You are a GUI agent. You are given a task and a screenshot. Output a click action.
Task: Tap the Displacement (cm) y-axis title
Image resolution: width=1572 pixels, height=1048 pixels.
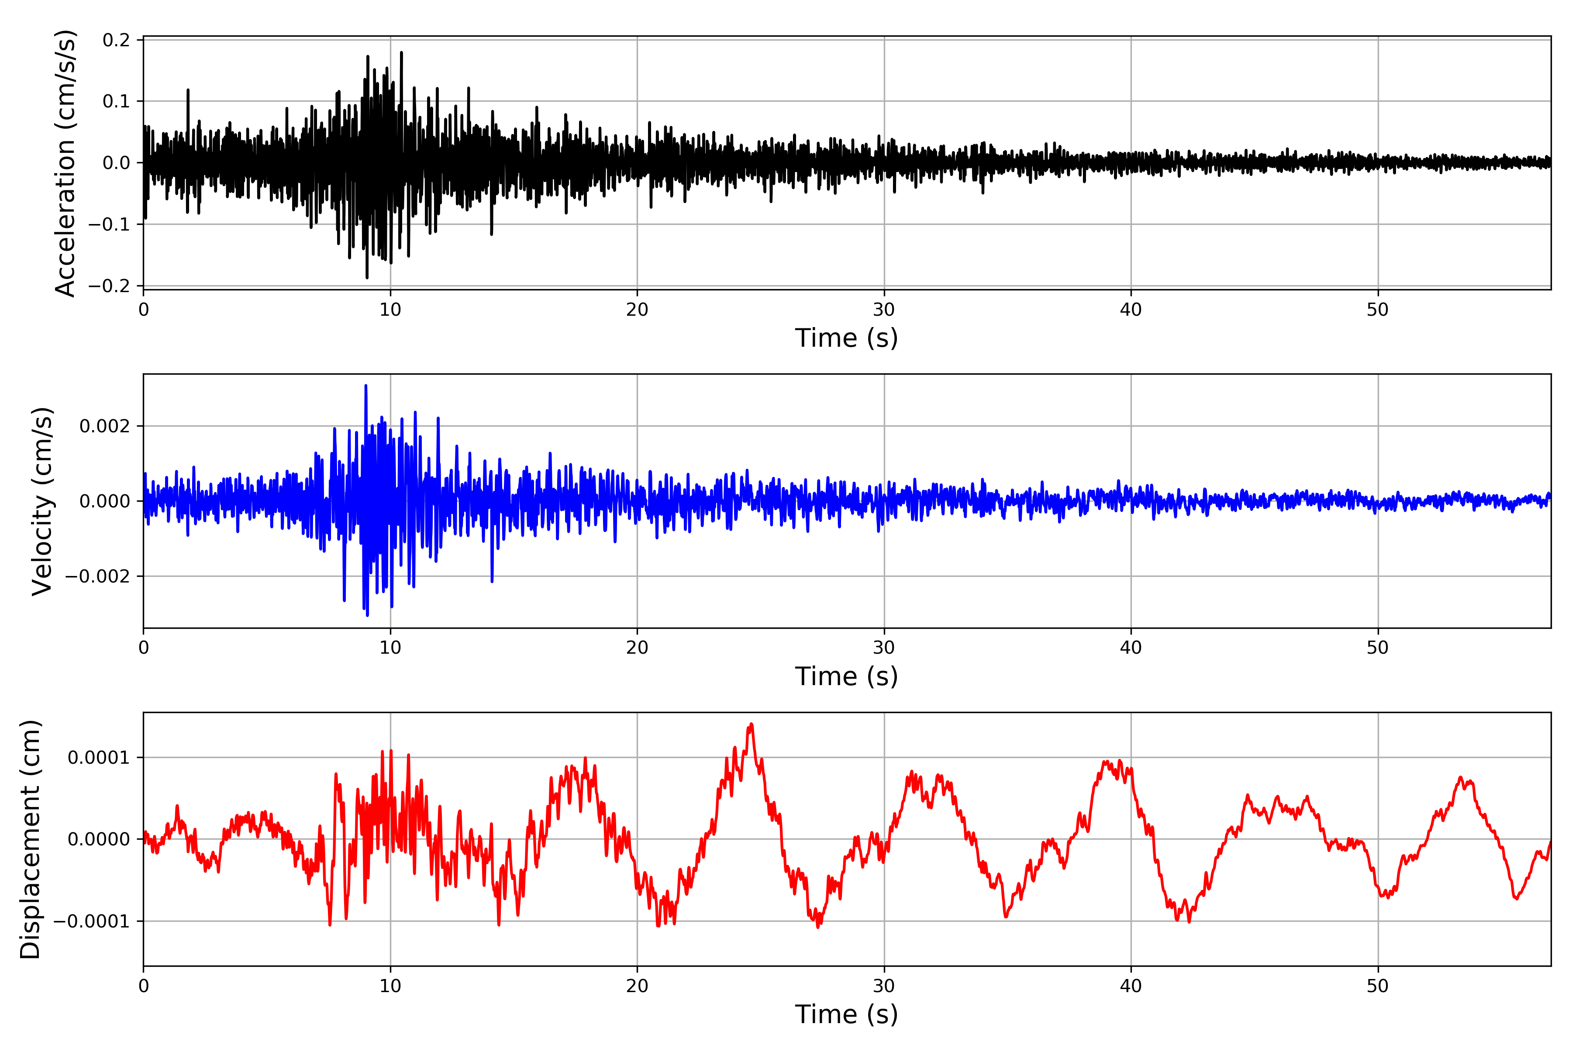tap(30, 839)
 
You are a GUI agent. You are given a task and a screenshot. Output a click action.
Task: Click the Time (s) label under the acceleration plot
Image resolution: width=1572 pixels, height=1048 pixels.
tap(846, 338)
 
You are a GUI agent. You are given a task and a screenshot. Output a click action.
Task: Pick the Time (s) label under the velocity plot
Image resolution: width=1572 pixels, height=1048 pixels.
tap(846, 676)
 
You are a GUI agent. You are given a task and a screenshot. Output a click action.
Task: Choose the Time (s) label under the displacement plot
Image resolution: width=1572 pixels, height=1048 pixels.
tap(846, 1014)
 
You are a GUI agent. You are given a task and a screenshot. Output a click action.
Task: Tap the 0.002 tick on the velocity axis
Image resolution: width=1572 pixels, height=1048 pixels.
tap(105, 427)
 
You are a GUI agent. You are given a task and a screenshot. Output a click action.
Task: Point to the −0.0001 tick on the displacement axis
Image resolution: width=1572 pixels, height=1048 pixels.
tap(92, 921)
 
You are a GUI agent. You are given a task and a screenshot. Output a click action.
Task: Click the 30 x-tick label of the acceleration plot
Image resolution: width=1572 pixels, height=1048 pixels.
tap(883, 310)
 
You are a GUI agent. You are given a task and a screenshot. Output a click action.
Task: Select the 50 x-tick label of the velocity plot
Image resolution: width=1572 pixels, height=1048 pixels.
tap(1378, 648)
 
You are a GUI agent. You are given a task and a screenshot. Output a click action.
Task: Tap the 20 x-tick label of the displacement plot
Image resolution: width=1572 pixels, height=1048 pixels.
tap(637, 986)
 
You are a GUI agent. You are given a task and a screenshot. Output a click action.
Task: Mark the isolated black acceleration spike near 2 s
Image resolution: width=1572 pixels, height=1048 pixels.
tap(188, 90)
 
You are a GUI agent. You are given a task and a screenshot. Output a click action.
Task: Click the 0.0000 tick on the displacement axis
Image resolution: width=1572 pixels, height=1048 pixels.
tap(99, 839)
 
